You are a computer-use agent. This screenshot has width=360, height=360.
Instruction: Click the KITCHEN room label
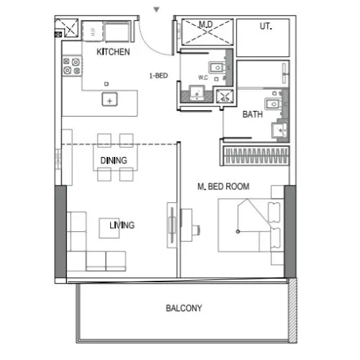pos(113,52)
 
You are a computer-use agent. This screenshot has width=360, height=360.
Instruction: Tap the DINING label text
pos(114,160)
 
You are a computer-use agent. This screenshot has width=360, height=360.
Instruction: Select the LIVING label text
pos(122,225)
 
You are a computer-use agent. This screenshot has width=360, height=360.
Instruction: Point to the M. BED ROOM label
pos(223,186)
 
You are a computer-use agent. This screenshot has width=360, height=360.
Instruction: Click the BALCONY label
pos(184,308)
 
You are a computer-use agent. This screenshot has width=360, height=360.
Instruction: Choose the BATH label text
pos(252,114)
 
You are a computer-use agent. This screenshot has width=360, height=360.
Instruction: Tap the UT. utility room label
pos(266,26)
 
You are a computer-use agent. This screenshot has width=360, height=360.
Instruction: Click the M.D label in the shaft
pos(205,25)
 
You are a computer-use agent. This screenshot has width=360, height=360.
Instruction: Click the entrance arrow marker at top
pos(156,10)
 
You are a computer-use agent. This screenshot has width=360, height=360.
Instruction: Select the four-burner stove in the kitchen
pos(71,67)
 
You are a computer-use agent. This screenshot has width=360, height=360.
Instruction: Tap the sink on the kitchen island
pos(109,99)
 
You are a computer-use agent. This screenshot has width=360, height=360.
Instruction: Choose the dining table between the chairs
pos(114,160)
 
